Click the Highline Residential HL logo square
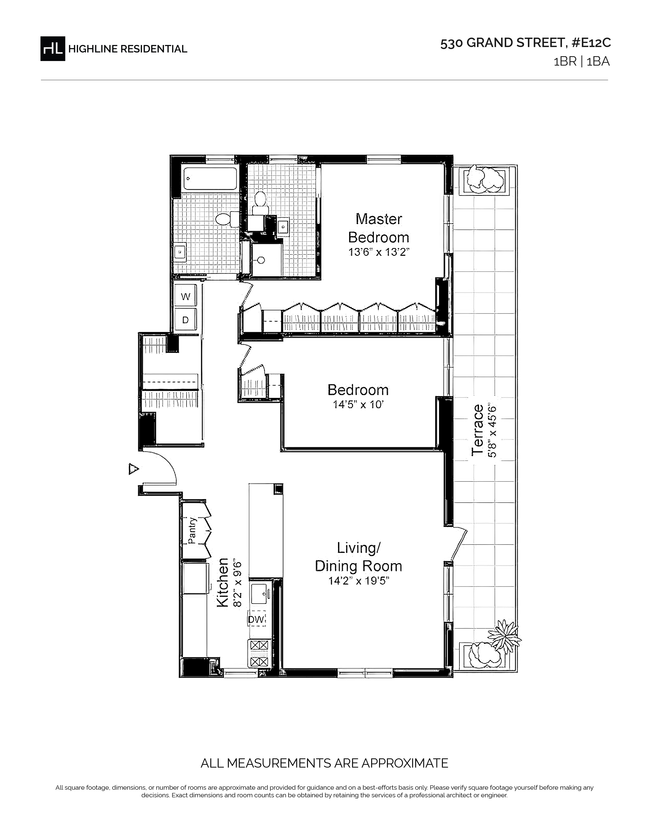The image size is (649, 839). pyautogui.click(x=53, y=48)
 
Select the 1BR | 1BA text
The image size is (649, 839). pyautogui.click(x=581, y=62)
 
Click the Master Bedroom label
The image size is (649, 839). pyautogui.click(x=379, y=228)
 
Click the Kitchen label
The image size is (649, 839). pyautogui.click(x=223, y=582)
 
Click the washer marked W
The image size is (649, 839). pyautogui.click(x=186, y=296)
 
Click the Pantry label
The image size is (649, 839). pyautogui.click(x=192, y=531)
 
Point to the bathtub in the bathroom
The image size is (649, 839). pyautogui.click(x=210, y=179)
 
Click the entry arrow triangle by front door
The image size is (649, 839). pyautogui.click(x=133, y=469)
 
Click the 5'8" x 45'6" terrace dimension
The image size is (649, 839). pyautogui.click(x=493, y=430)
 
